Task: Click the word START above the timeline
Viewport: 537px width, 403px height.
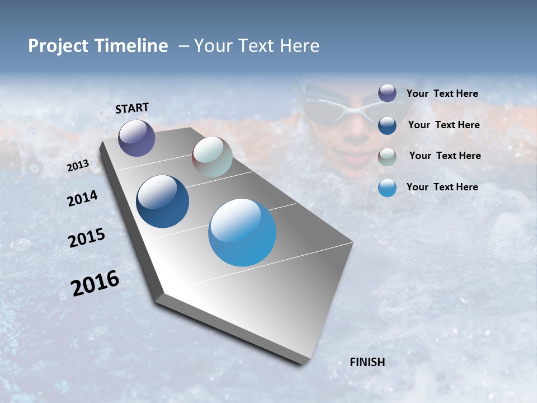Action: point(132,108)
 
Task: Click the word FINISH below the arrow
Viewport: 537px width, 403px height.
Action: point(367,362)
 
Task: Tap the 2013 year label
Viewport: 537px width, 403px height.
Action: point(78,166)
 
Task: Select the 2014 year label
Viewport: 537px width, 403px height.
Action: point(82,199)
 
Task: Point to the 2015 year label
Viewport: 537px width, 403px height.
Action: point(87,238)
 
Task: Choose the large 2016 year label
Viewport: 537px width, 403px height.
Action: point(95,283)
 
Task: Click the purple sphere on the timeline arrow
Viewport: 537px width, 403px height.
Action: point(136,138)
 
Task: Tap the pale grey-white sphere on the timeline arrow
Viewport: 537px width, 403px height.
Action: point(212,157)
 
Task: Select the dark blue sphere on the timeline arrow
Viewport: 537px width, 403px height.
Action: point(162,201)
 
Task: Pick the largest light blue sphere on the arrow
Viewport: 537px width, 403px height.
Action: point(242,232)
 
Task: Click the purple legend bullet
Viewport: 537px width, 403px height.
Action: point(387,93)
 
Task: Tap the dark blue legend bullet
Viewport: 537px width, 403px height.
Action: point(387,125)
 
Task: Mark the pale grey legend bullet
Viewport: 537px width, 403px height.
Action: point(387,156)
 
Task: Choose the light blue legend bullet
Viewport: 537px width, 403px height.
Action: point(387,188)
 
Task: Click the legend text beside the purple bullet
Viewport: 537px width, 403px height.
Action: point(442,93)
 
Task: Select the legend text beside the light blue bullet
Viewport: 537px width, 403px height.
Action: point(442,187)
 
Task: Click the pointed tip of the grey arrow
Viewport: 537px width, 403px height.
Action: point(305,364)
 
